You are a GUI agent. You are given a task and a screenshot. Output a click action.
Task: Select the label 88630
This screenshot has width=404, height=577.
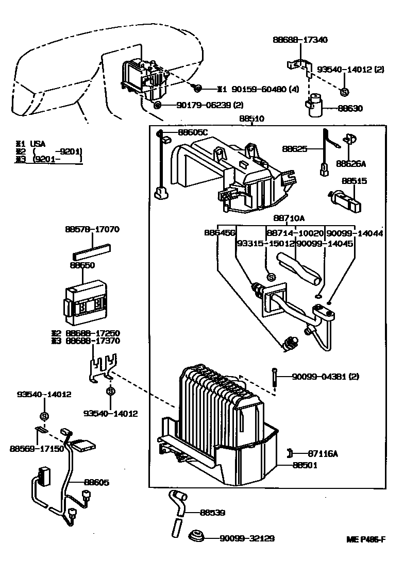click(350, 109)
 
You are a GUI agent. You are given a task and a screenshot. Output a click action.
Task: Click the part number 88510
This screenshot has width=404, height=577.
click(251, 118)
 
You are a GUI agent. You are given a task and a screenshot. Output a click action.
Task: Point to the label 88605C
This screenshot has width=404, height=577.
click(193, 132)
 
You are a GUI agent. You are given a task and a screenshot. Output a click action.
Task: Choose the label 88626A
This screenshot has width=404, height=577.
click(350, 164)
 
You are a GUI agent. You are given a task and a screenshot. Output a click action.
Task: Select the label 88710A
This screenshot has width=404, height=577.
click(289, 218)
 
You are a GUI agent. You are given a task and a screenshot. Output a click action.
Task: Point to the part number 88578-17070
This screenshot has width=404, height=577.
click(92, 229)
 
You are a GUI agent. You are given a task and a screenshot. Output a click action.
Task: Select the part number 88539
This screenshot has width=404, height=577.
click(212, 513)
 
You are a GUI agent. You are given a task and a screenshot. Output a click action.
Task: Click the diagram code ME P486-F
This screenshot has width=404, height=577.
click(365, 539)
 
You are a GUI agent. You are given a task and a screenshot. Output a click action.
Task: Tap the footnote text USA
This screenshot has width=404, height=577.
click(37, 143)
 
